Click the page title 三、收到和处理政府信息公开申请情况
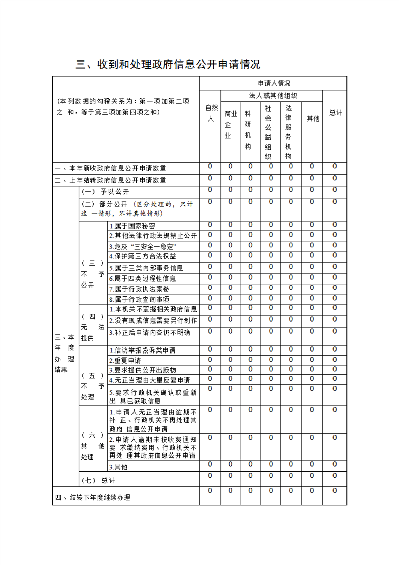tap(168, 65)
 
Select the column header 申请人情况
tap(274, 83)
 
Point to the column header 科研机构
tap(250, 129)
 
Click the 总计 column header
tap(335, 113)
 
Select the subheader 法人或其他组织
tap(273, 96)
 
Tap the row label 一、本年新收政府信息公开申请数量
tap(111, 168)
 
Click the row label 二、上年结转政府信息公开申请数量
tap(111, 180)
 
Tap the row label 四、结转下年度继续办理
tap(93, 498)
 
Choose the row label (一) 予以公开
tap(105, 192)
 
